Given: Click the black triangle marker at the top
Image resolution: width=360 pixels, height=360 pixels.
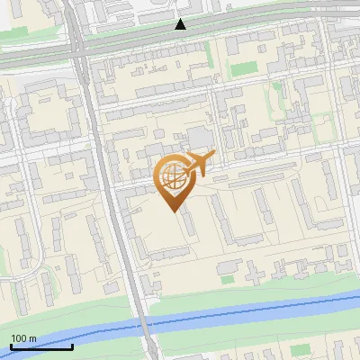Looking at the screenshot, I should (x=181, y=24).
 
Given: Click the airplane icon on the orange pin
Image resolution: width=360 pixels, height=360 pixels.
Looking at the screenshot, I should (x=198, y=164).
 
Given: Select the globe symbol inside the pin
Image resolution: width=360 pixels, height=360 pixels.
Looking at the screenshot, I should (x=172, y=175).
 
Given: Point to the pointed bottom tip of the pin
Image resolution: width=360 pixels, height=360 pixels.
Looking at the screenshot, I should (x=172, y=211).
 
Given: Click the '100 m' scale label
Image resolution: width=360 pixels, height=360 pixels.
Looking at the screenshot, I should (x=23, y=338).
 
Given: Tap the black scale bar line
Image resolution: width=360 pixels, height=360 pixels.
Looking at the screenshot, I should (x=41, y=346).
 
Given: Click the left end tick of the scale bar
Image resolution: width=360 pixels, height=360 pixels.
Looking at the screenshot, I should (x=11, y=345).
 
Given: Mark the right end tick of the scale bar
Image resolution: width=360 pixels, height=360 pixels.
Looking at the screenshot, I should (x=72, y=345).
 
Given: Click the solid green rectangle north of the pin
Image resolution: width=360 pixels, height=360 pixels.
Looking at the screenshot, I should (x=243, y=68).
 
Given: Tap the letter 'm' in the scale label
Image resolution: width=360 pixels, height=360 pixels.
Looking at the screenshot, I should (x=32, y=338).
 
